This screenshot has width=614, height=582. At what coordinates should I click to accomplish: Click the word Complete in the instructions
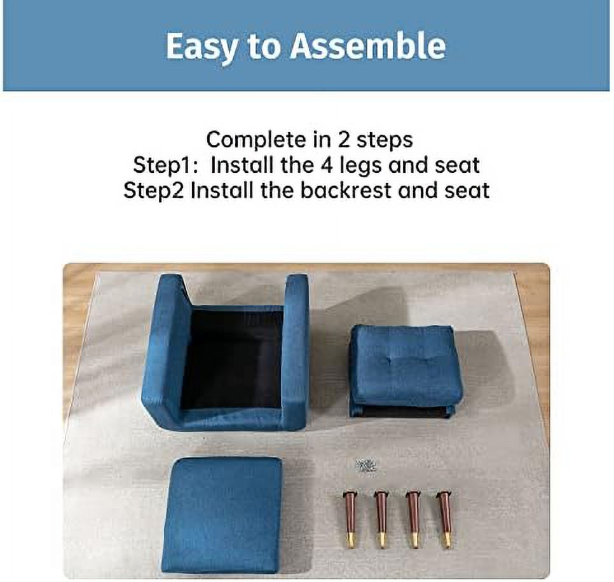[x=256, y=140]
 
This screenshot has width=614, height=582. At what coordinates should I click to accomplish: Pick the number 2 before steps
[x=343, y=140]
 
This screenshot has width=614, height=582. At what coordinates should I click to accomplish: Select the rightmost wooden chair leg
[x=444, y=518]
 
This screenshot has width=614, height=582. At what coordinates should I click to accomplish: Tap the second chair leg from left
[x=381, y=518]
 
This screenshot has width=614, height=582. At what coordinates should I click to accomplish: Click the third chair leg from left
[x=413, y=518]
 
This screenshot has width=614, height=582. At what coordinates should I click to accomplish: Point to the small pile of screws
[x=365, y=465]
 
